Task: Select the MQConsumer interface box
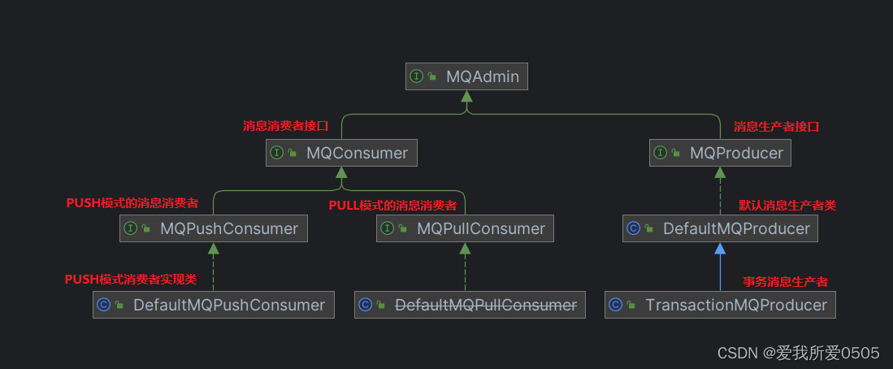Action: tap(341, 153)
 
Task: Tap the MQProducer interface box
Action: tap(720, 153)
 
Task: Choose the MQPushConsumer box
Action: tap(214, 228)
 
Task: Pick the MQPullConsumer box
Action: tap(465, 228)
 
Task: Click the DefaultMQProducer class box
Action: tap(720, 228)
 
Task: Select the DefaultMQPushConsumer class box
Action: tap(213, 305)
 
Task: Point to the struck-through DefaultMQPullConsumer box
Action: tap(470, 305)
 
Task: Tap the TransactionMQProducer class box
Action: tap(720, 305)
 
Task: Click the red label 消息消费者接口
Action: tap(285, 127)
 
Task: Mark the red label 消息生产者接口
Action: tap(777, 127)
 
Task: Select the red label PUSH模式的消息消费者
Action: tap(132, 203)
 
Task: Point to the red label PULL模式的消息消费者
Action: tap(392, 206)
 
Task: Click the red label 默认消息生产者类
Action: tap(787, 206)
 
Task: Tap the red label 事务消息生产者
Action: tap(786, 282)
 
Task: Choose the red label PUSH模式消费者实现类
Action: tap(131, 279)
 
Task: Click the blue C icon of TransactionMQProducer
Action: tap(615, 305)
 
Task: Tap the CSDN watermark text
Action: tap(799, 353)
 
